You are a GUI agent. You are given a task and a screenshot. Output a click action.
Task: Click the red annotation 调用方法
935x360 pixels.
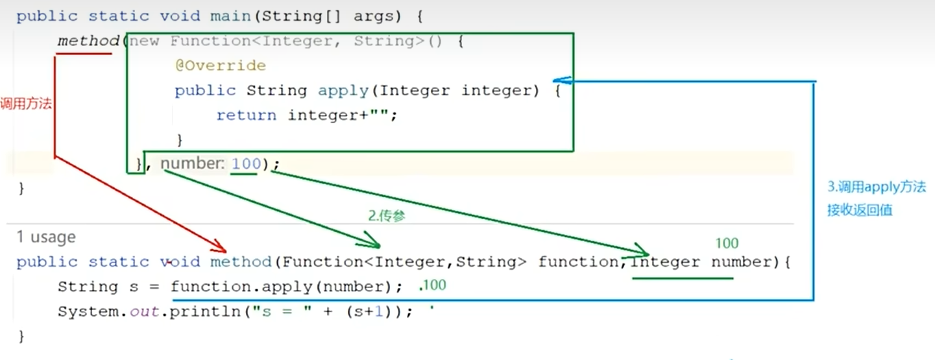pos(26,104)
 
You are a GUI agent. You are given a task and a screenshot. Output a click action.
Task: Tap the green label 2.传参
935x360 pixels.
pos(387,217)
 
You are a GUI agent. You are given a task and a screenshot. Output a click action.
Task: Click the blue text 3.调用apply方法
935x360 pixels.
pos(876,187)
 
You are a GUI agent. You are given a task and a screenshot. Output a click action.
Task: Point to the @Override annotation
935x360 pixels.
pos(220,66)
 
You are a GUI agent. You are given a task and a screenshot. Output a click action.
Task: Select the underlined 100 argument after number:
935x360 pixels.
pos(245,163)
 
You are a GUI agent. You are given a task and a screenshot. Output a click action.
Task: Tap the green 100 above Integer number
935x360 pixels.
pos(727,243)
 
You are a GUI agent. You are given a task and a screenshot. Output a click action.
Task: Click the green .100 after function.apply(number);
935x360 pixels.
pos(433,285)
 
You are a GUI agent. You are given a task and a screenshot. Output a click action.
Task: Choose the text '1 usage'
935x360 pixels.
pos(46,237)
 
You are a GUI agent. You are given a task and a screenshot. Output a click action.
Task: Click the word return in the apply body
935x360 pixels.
pos(246,115)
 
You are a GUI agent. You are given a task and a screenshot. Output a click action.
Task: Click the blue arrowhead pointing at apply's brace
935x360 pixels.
pos(562,80)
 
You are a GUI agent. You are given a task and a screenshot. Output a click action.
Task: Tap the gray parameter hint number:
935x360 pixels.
pos(192,163)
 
